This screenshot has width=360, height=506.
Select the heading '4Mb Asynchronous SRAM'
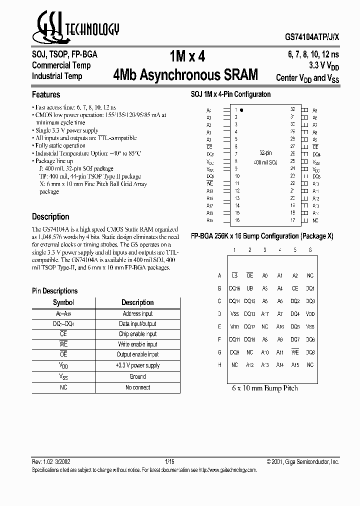click(186, 75)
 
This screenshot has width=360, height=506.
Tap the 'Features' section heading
click(46, 94)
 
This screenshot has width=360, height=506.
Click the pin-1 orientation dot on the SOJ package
click(241, 109)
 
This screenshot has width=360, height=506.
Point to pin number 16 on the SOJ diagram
click(237, 220)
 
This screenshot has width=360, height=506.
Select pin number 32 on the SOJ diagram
click(292, 109)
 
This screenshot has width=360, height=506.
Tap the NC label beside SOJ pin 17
click(315, 220)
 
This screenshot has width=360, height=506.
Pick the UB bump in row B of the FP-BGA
click(250, 288)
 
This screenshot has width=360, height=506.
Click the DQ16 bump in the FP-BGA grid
click(234, 288)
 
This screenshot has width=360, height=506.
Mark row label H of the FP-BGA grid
click(219, 365)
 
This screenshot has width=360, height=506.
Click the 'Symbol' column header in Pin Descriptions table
click(63, 302)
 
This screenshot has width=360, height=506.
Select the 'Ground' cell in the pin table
click(137, 376)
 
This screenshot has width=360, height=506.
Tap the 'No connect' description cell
click(137, 387)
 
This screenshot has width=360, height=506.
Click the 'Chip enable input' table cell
click(137, 334)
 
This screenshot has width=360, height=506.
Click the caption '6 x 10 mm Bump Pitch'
click(265, 388)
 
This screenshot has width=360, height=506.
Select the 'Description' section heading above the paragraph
click(50, 217)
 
